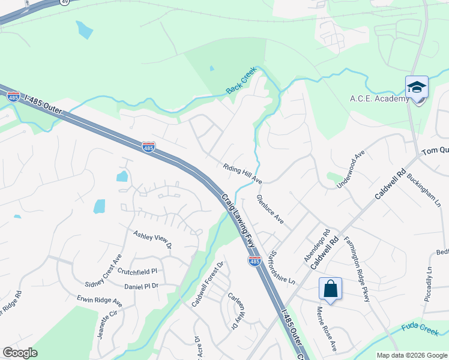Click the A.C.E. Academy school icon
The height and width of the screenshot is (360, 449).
(x=417, y=88)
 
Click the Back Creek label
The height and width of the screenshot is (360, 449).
(x=241, y=84)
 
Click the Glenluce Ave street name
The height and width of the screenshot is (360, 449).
(x=270, y=209)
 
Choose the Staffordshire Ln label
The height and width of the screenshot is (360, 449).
(x=283, y=267)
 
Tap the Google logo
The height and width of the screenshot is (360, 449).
(x=20, y=353)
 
